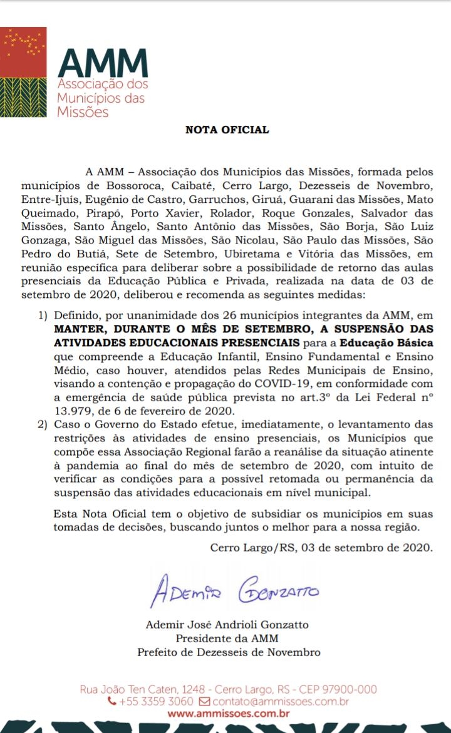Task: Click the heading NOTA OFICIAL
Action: point(227,130)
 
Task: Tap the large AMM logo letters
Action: point(103,63)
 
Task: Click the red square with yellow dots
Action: point(23,51)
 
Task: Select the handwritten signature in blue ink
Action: point(234,590)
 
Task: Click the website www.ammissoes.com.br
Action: point(229,713)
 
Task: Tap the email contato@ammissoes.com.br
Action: point(281,702)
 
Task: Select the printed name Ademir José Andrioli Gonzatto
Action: point(227,625)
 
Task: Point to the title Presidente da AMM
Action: point(227,638)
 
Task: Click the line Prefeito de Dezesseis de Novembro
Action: point(229,652)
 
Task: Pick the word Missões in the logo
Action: point(83,112)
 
